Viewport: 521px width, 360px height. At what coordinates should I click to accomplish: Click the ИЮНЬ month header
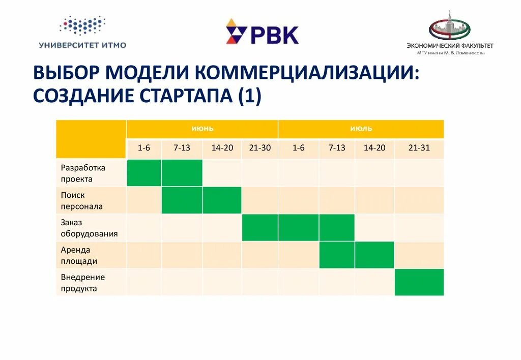point(202,129)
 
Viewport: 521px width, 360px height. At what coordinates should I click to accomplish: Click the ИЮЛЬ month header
point(361,129)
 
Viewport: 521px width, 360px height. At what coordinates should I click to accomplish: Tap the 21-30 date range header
point(260,148)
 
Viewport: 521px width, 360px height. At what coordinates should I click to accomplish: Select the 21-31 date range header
point(419,148)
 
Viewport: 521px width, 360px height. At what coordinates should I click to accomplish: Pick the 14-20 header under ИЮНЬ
point(222,148)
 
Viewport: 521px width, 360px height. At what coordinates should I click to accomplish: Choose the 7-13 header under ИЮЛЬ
point(337,148)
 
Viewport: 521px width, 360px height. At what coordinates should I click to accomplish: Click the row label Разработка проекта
point(83,173)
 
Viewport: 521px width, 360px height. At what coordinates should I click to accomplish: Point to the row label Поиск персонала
point(81,200)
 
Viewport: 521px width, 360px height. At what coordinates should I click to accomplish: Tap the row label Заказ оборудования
point(89,228)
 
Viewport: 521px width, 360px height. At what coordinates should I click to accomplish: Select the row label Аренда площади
point(79,255)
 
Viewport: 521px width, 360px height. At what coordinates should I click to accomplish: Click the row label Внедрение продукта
point(83,283)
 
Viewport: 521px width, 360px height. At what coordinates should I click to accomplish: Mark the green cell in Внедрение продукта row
point(419,282)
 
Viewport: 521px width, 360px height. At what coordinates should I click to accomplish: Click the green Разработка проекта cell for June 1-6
point(144,173)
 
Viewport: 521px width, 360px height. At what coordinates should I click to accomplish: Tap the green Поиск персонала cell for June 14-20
point(222,200)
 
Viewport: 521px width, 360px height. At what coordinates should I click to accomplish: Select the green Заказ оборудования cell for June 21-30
point(260,227)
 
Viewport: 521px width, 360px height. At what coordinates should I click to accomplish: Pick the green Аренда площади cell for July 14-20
point(374,255)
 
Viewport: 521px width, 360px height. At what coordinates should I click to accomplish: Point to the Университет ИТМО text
point(82,45)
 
